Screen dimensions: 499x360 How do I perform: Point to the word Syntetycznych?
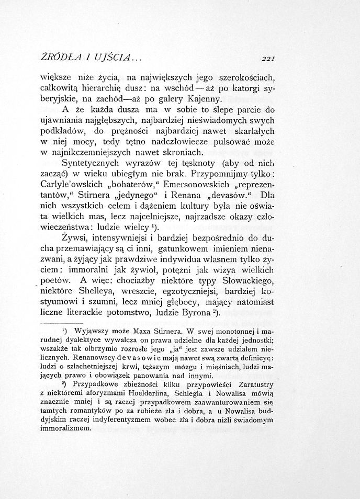point(87,163)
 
